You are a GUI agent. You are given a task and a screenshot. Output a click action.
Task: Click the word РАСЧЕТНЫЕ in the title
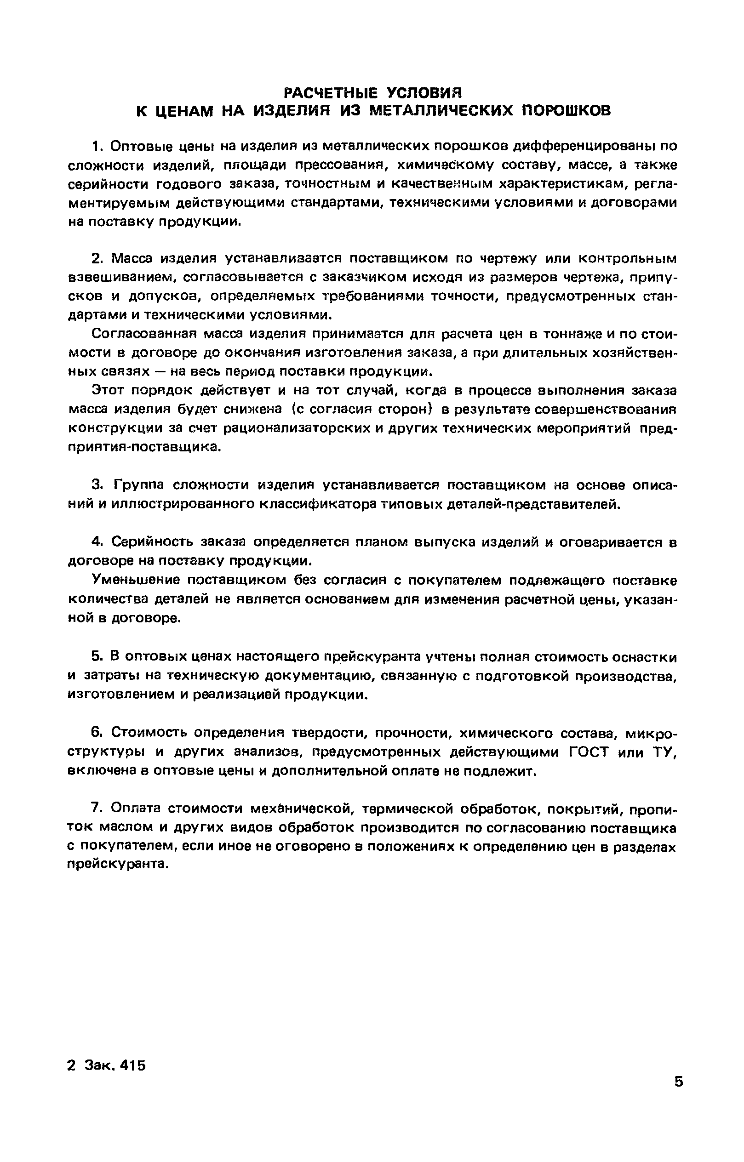(x=330, y=92)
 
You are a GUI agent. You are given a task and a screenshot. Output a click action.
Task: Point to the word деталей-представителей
(x=522, y=504)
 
